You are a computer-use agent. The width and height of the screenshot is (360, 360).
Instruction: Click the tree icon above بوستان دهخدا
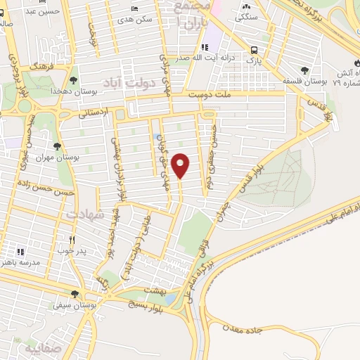click(x=73, y=81)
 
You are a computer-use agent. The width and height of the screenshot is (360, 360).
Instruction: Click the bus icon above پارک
click(x=254, y=49)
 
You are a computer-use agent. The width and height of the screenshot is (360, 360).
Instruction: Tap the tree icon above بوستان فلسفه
click(x=304, y=70)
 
